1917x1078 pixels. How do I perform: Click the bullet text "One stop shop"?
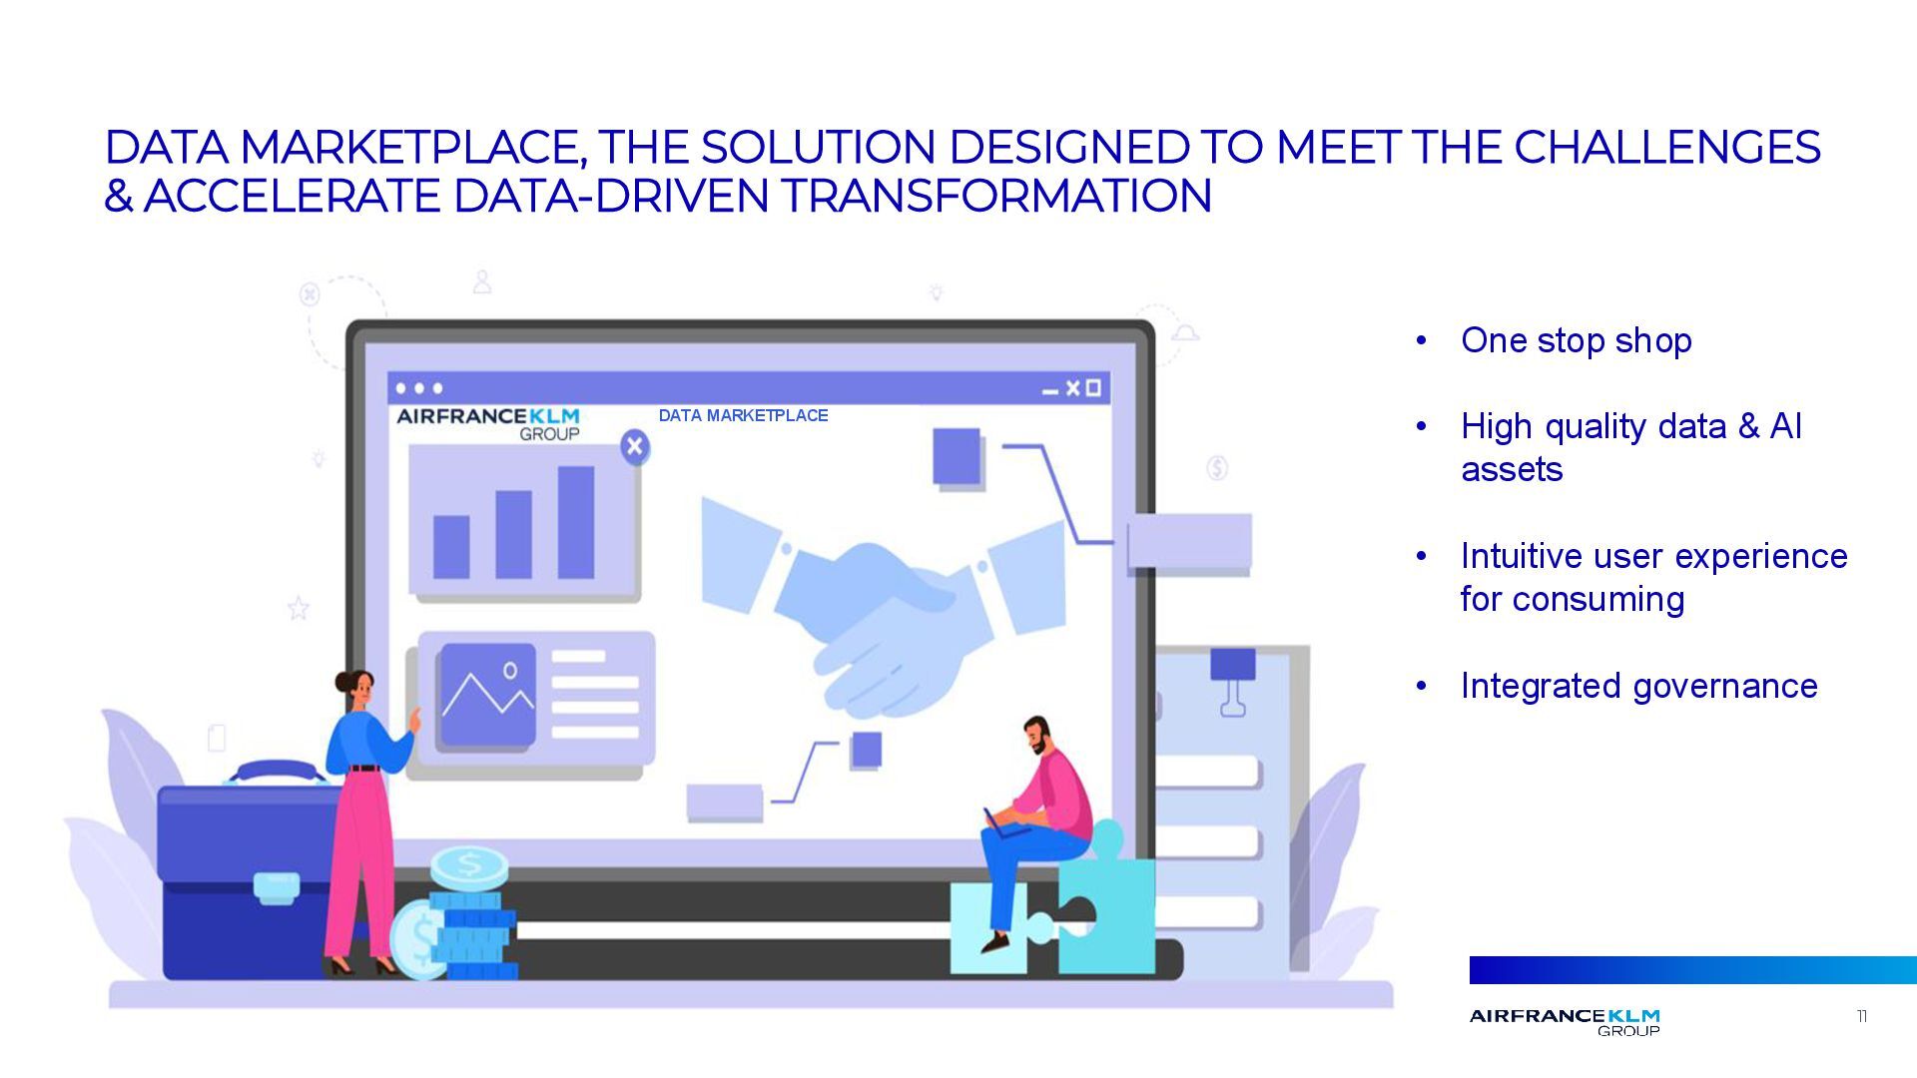[1576, 340]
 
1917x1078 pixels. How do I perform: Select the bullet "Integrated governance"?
[1638, 686]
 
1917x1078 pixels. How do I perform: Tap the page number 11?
[1861, 1016]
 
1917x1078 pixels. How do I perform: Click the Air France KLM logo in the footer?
[1565, 1021]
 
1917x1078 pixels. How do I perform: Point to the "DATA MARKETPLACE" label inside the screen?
[743, 415]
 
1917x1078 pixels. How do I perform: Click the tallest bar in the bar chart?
[576, 522]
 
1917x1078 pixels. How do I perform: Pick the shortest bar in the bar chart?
[451, 546]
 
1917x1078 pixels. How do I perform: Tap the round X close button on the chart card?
[634, 446]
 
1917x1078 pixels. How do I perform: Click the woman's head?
[354, 689]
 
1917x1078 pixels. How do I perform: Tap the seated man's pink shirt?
[1064, 794]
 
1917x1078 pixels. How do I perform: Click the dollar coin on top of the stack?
[469, 865]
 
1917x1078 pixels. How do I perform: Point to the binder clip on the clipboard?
[1233, 679]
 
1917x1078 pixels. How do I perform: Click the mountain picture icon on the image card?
[488, 695]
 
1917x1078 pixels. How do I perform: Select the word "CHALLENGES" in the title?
[1666, 147]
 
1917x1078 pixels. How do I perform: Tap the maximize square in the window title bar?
[1093, 387]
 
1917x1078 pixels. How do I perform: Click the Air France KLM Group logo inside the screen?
[488, 423]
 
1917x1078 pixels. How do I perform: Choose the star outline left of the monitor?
[298, 608]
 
